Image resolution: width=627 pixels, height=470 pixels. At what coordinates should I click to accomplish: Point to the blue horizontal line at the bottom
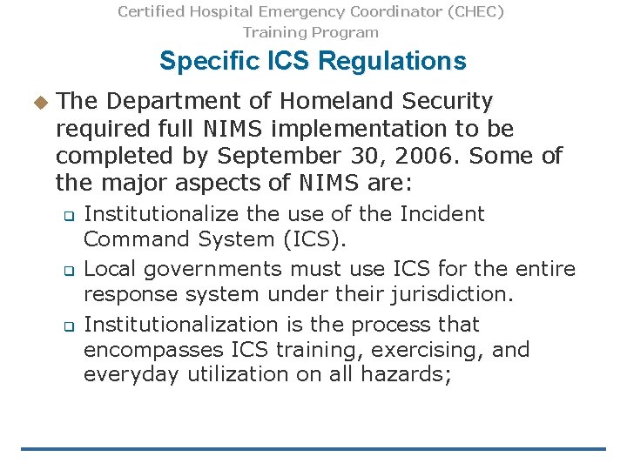tap(313, 449)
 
